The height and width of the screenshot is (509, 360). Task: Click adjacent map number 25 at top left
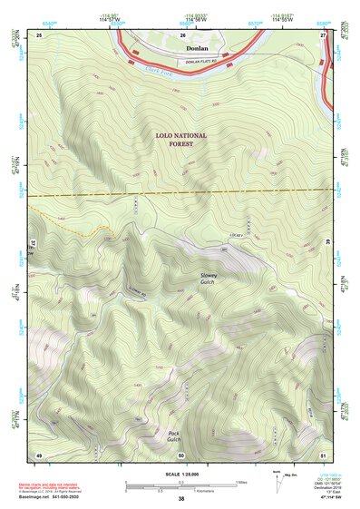39,34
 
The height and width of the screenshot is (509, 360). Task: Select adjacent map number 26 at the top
181,34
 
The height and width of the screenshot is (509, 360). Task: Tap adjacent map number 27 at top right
324,34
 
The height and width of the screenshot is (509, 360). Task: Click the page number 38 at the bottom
181,499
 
